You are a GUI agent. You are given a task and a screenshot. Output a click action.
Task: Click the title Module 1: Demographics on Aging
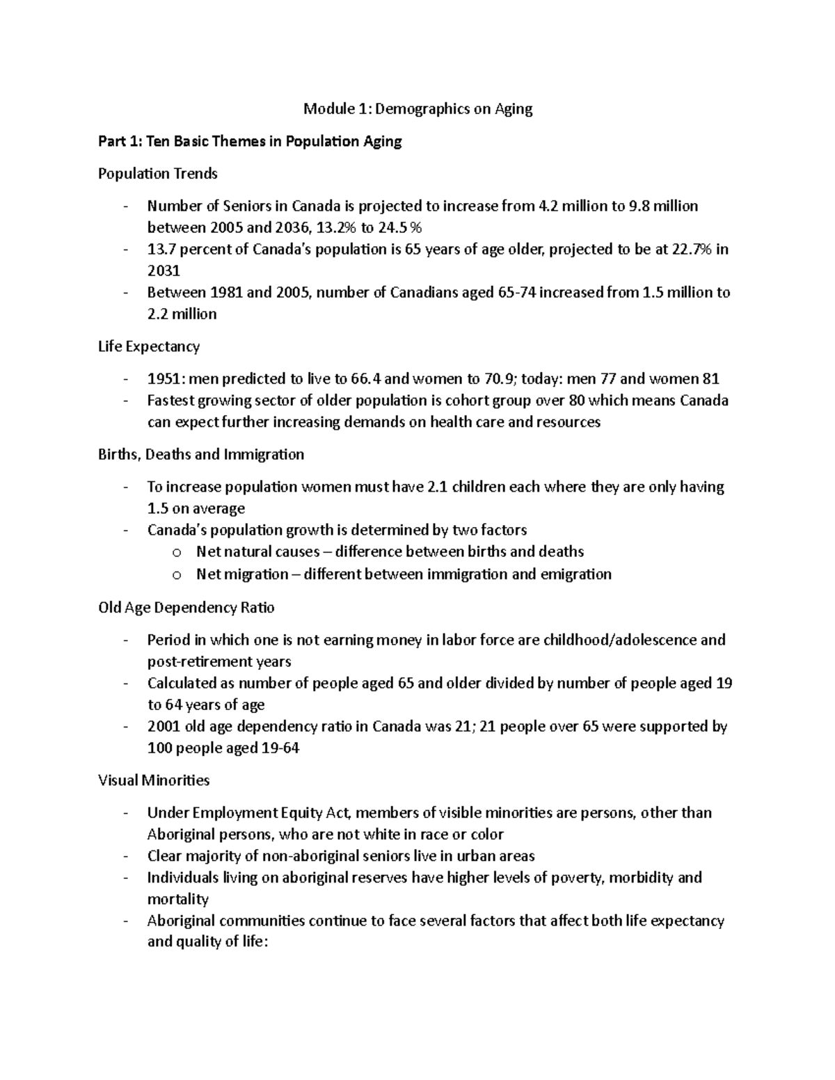click(417, 108)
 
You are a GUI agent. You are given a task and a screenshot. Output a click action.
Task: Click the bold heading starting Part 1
click(250, 142)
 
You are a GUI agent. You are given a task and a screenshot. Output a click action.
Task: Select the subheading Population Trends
click(158, 173)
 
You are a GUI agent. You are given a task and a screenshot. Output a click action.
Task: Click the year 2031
click(164, 271)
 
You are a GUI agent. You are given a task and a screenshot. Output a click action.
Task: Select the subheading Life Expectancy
click(149, 346)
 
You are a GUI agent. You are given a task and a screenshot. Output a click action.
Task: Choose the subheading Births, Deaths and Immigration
click(201, 455)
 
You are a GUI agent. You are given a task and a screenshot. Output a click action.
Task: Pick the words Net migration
click(242, 574)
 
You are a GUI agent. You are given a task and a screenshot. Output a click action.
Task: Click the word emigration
click(576, 574)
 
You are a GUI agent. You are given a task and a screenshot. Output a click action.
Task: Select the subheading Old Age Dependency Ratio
click(186, 608)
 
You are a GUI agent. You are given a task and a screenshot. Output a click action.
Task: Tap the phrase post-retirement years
click(219, 661)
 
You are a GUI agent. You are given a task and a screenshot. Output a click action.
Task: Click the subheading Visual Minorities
click(154, 780)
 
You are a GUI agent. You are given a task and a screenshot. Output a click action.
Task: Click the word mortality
click(178, 899)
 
